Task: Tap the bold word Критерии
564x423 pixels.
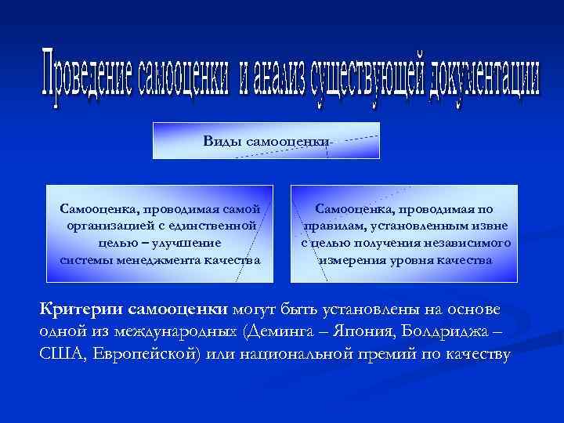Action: (82, 309)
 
